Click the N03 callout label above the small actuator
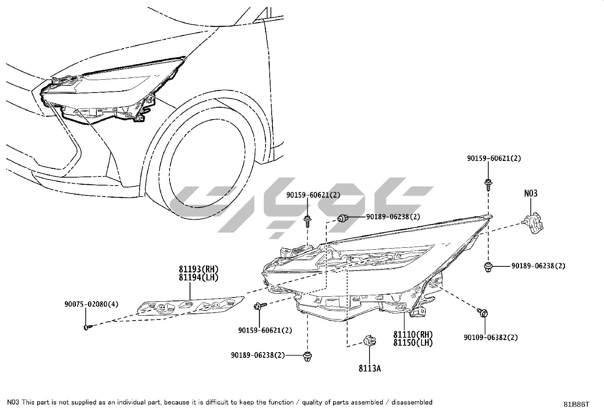[x=531, y=194]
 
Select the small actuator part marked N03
[x=534, y=221]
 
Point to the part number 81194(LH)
[x=199, y=277]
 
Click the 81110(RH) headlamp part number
[x=413, y=335]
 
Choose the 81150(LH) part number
[x=413, y=342]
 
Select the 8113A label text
[x=370, y=368]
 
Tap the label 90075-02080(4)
[x=91, y=304]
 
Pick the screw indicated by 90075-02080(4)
[x=88, y=326]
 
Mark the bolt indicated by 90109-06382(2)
[x=483, y=313]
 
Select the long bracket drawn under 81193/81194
[x=190, y=305]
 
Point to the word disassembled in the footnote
[x=412, y=402]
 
